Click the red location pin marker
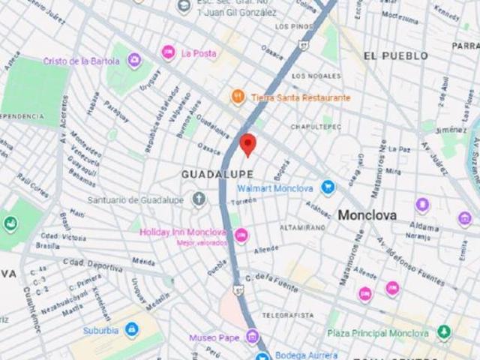tap(248, 144)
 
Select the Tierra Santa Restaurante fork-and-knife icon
tap(237, 97)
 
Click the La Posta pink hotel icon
tap(168, 52)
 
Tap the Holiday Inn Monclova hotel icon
tap(241, 235)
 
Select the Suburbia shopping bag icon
tap(132, 328)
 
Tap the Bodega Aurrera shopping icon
tap(262, 355)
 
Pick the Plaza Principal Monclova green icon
tap(444, 331)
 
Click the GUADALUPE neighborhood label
tap(212, 174)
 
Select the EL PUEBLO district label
tap(395, 55)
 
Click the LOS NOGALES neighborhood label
tap(310, 76)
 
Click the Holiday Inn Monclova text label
tap(183, 232)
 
